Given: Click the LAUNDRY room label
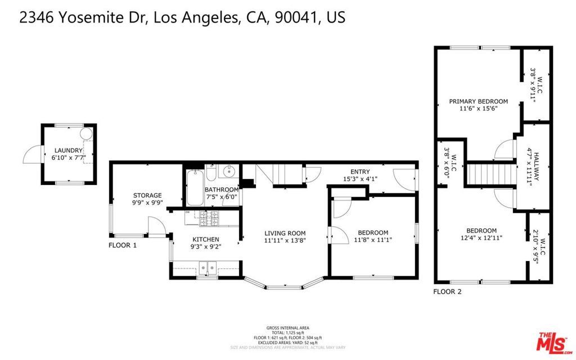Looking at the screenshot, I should [x=68, y=150].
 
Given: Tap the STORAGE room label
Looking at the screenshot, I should [x=147, y=195].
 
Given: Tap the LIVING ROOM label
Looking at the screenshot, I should [x=285, y=233].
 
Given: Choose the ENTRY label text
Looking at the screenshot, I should [x=359, y=172].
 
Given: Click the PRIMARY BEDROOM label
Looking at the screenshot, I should [x=478, y=102].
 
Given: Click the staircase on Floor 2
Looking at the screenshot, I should [x=492, y=173].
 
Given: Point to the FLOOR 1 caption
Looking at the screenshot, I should [x=123, y=245].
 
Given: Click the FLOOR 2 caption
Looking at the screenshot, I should [x=447, y=291].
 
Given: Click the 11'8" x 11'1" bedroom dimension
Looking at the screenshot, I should [x=372, y=240].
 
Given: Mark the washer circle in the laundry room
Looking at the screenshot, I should [x=86, y=133].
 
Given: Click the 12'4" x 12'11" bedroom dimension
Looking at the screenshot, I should [x=481, y=238].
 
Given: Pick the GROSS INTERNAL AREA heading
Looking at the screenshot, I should [x=287, y=328].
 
